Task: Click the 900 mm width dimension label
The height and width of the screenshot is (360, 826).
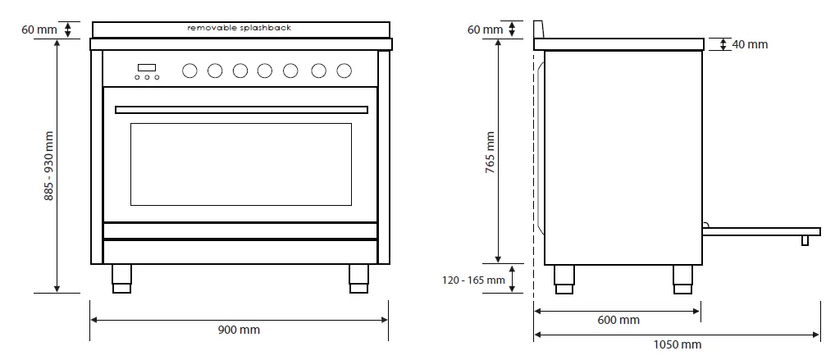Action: tap(238, 330)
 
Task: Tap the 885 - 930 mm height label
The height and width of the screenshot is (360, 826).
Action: tap(48, 166)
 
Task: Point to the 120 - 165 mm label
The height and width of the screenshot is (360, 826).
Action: tap(474, 280)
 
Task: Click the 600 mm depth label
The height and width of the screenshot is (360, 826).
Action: tap(618, 320)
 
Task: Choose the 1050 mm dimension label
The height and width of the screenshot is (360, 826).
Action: tap(677, 344)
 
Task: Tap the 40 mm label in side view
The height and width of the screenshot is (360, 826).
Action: tap(750, 44)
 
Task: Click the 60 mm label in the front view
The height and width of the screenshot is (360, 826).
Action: tap(39, 30)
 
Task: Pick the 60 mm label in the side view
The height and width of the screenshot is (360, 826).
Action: tap(485, 30)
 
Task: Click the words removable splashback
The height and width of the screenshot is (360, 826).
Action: tap(239, 28)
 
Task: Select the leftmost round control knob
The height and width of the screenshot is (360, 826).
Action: tap(189, 71)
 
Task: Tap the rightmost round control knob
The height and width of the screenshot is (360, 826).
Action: tap(345, 71)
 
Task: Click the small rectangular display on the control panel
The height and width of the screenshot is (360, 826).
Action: tap(147, 67)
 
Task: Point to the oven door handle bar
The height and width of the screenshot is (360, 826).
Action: tap(240, 109)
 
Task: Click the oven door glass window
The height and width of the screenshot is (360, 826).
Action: tap(240, 164)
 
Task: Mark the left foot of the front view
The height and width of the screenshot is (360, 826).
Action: tap(121, 277)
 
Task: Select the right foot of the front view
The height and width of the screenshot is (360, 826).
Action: tap(358, 277)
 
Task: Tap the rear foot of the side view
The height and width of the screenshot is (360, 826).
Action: tap(564, 278)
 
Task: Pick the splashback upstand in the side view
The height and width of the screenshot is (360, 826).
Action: tap(539, 30)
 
